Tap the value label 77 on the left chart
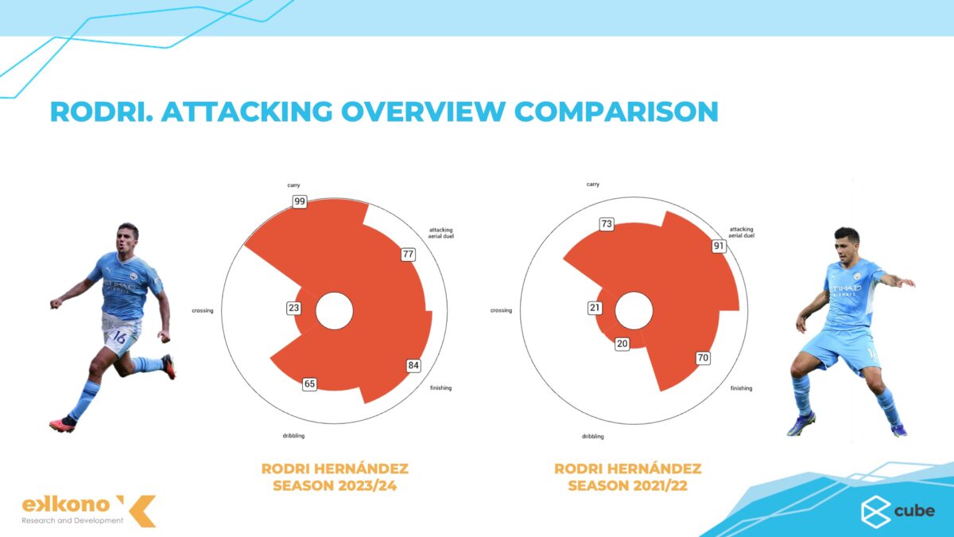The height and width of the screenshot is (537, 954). (x=409, y=255)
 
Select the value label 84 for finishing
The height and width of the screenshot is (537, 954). (x=413, y=366)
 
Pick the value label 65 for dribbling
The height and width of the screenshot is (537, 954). (x=310, y=384)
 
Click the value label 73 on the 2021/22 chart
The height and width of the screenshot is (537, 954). (x=607, y=224)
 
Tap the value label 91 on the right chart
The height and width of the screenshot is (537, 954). (x=719, y=246)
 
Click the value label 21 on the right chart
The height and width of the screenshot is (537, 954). (x=595, y=308)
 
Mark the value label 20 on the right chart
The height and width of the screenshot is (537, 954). (x=622, y=344)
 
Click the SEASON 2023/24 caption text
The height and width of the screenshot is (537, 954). (x=335, y=484)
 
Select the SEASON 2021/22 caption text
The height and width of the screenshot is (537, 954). (x=628, y=484)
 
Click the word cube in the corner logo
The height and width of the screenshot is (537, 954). (x=915, y=511)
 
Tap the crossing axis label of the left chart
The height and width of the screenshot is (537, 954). (x=203, y=310)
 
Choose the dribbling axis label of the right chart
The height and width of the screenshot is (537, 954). (x=592, y=437)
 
